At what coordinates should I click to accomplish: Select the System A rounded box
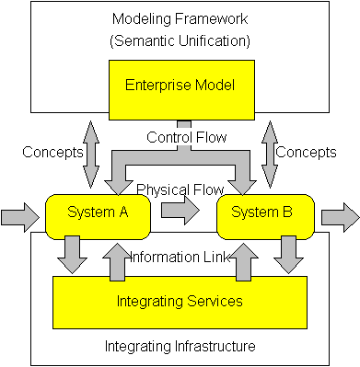(x=97, y=214)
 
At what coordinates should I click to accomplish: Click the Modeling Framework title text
(x=180, y=19)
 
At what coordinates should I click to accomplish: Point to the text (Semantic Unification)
(x=180, y=40)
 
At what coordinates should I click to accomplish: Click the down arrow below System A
(x=71, y=255)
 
